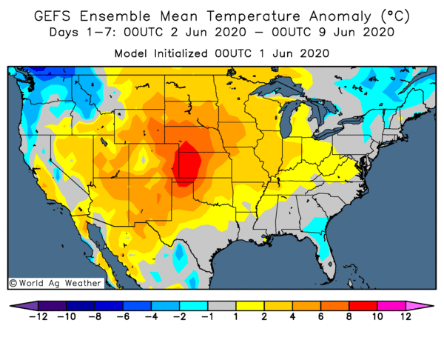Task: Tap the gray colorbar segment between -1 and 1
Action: point(223,304)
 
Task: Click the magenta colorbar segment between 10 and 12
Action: point(391,304)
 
